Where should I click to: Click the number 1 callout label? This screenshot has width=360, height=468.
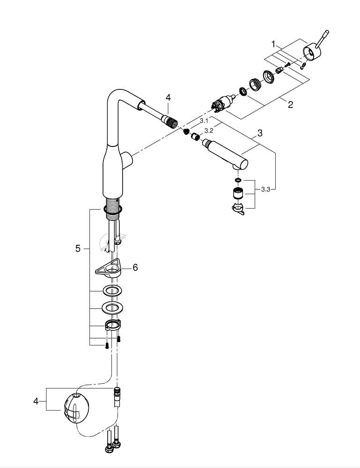(x=273, y=44)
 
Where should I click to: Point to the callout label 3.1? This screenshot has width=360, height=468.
(x=204, y=121)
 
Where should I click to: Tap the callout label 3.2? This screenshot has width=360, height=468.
(x=209, y=131)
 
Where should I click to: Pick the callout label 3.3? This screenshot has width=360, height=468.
(x=265, y=189)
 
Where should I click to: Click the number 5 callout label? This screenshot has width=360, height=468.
(x=78, y=249)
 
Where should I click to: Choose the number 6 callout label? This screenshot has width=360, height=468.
(x=135, y=267)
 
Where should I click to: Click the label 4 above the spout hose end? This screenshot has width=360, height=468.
(x=168, y=97)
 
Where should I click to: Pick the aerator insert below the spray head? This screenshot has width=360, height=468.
(x=238, y=193)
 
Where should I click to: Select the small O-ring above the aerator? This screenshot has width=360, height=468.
(x=237, y=180)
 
